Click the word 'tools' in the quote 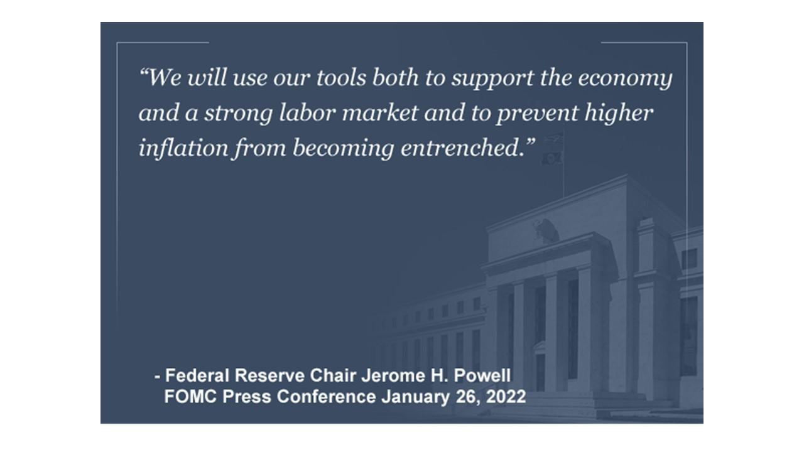[341, 77]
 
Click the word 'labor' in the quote [307, 112]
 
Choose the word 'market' [380, 112]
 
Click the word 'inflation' [183, 147]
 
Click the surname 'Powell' [482, 375]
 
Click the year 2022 [506, 397]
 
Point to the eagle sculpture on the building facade [546, 230]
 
